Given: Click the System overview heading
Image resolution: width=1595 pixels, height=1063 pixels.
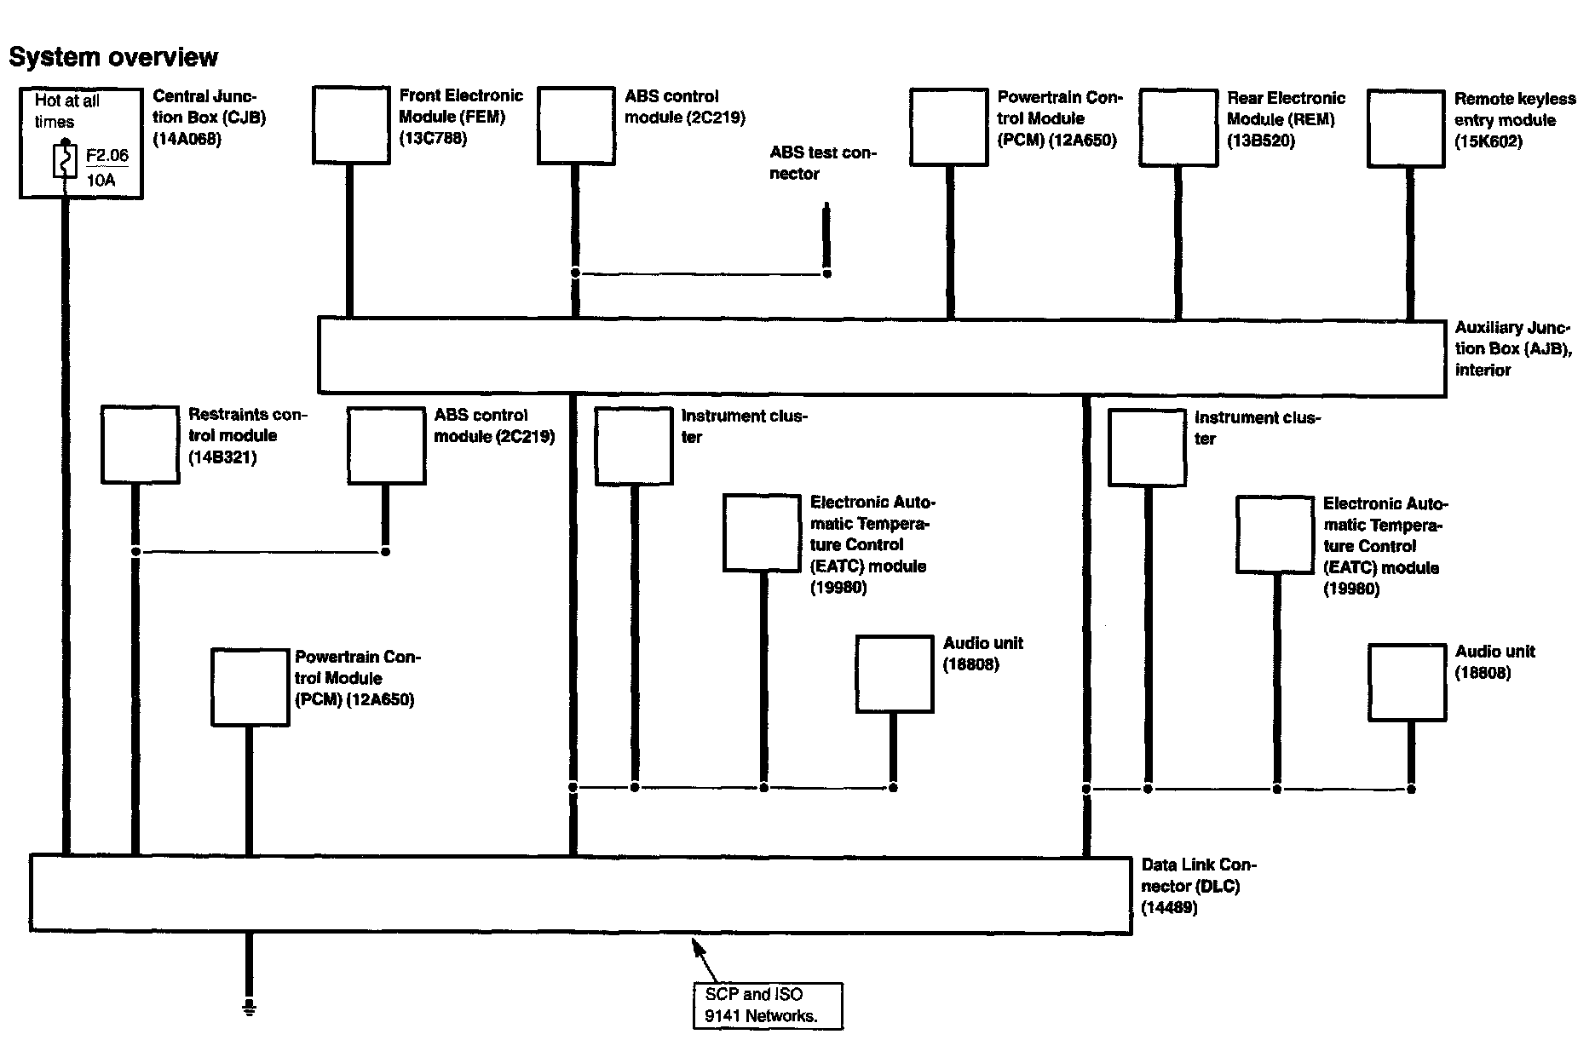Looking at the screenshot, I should [113, 57].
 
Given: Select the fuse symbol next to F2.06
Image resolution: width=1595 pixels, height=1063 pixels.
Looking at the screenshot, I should [64, 161].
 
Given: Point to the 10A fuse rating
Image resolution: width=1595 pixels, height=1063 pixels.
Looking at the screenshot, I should [101, 180].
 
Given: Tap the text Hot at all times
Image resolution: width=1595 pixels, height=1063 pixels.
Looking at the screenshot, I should [66, 111].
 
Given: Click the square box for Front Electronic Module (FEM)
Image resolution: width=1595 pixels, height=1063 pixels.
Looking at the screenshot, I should [351, 124].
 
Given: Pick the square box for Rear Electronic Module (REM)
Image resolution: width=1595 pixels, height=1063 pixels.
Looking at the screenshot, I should [1178, 127].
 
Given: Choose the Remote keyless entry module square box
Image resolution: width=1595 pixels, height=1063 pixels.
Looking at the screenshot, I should [1406, 129].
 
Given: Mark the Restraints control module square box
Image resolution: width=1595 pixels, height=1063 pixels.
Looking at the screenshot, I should [140, 445].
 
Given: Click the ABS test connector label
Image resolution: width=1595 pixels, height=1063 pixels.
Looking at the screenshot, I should [822, 163].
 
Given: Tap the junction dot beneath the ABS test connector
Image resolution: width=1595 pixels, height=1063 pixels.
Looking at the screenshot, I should [826, 273].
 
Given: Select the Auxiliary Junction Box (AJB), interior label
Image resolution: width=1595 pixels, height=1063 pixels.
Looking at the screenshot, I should [1513, 348].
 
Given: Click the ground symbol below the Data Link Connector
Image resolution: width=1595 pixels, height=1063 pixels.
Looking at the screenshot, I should [249, 1008].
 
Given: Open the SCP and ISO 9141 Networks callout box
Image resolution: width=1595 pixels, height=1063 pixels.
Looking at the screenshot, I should [768, 1005].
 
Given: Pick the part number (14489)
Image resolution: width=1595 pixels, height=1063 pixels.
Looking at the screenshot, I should [1169, 908].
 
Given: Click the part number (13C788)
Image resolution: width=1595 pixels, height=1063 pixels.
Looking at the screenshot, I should [433, 138].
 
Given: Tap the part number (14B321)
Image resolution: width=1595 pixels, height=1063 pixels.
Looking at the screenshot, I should [222, 457].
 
